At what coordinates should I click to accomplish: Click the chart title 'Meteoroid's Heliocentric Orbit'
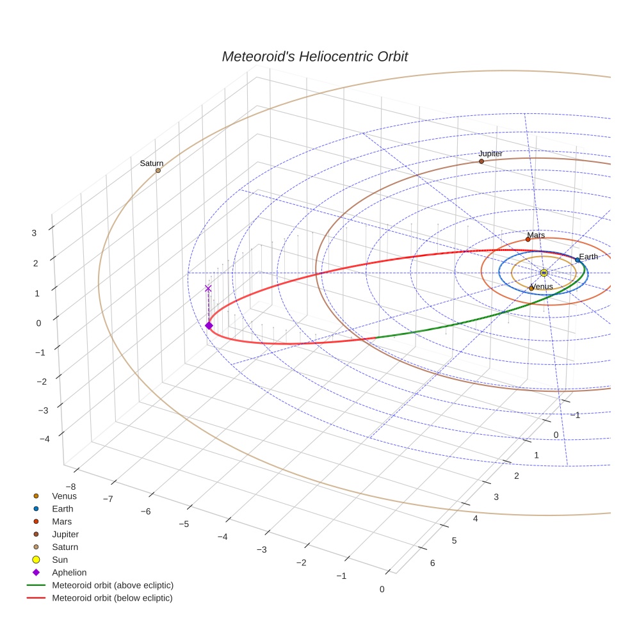(x=314, y=56)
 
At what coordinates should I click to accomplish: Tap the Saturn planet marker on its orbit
(x=158, y=170)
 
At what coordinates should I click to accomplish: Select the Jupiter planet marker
(x=481, y=161)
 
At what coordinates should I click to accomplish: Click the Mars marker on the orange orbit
(x=528, y=239)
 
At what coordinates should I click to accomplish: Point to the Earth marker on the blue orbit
(x=577, y=260)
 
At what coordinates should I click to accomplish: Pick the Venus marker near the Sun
(x=531, y=288)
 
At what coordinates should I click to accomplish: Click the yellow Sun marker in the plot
(x=544, y=273)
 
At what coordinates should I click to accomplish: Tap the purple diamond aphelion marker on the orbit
(x=209, y=326)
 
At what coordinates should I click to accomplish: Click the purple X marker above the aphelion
(x=208, y=289)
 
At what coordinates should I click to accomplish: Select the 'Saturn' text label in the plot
(x=152, y=163)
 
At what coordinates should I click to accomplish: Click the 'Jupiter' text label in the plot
(x=490, y=154)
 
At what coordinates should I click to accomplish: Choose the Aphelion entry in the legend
(x=69, y=572)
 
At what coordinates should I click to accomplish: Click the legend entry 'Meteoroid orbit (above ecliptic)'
(x=113, y=585)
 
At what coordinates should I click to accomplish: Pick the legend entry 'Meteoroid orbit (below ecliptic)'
(x=112, y=598)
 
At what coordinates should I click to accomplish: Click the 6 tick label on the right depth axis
(x=432, y=563)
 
